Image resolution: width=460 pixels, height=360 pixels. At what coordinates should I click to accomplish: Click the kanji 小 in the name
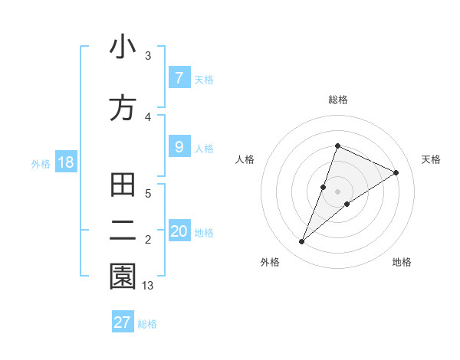[123, 48]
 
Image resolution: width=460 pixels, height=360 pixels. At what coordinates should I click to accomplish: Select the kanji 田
[123, 186]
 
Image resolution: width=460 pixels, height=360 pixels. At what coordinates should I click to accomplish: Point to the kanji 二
[123, 231]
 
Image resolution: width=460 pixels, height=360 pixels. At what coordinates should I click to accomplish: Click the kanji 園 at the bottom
[123, 277]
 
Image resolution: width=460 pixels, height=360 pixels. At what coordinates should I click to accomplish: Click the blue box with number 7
[179, 77]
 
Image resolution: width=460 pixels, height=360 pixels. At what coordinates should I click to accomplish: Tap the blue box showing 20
[179, 231]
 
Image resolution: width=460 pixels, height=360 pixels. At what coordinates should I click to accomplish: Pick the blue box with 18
[65, 162]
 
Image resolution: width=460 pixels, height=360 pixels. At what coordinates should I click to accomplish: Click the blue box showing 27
[123, 322]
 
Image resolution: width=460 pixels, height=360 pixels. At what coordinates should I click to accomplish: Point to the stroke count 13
[148, 286]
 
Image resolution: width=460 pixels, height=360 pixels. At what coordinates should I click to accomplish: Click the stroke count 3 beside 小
[148, 56]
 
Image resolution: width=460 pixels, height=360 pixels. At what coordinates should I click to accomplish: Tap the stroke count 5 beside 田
[148, 194]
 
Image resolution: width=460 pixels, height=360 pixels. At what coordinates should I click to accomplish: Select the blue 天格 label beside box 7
[204, 79]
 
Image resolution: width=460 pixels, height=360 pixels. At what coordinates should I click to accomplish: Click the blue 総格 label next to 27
[147, 324]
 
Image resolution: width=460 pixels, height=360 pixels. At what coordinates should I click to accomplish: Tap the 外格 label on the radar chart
[270, 262]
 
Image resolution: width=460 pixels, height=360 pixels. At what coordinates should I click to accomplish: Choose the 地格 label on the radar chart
[402, 262]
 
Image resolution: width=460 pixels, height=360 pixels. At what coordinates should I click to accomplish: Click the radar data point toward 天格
[396, 172]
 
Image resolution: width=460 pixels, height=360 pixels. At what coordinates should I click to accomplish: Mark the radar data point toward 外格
[302, 242]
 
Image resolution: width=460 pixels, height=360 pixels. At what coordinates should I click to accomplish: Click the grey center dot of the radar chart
[338, 191]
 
